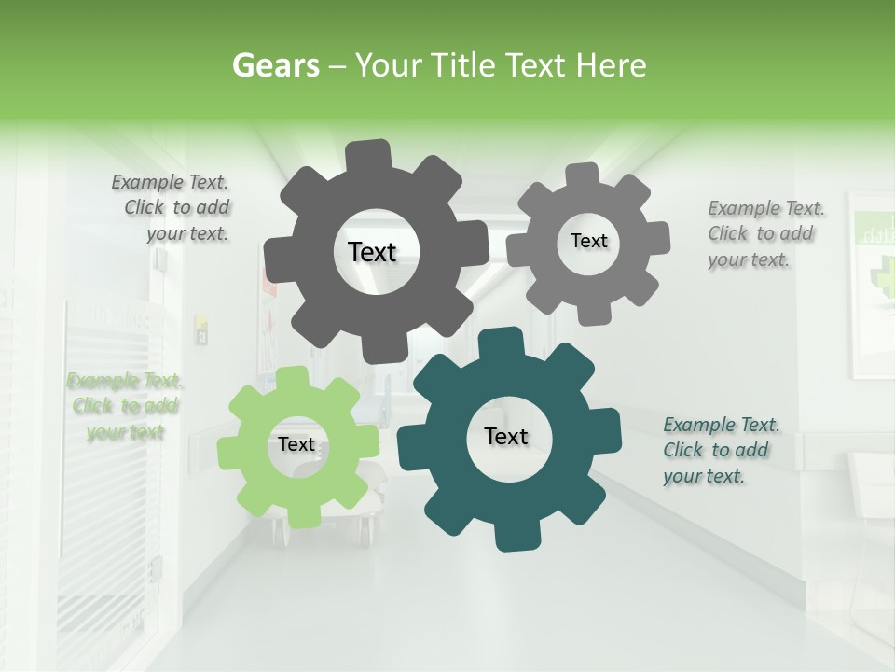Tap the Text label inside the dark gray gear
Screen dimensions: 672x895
372,252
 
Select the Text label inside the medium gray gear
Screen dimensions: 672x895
588,241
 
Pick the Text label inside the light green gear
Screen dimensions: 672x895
296,444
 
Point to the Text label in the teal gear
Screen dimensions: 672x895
506,436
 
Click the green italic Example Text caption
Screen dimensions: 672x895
125,406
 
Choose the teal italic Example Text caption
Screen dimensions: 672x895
720,450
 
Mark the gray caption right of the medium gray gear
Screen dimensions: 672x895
764,233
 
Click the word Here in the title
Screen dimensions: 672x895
612,65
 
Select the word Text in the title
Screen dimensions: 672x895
537,65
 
